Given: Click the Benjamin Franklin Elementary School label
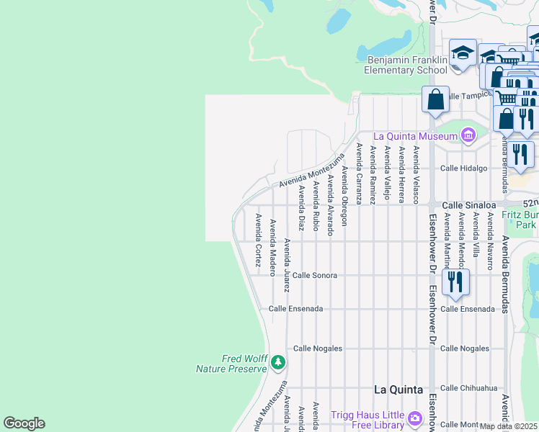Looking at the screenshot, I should tap(406, 66).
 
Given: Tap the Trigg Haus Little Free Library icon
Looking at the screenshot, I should tap(414, 418).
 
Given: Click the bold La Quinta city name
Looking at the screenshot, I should tap(398, 390).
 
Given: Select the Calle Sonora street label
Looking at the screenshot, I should tap(315, 275).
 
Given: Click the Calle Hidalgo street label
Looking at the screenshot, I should tap(464, 168).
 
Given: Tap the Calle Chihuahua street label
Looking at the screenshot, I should tap(468, 387).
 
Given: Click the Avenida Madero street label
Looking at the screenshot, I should tap(272, 247).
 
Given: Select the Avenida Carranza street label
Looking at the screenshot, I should tap(358, 173).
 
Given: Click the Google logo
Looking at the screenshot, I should tap(24, 423).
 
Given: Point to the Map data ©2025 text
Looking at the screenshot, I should tap(509, 426).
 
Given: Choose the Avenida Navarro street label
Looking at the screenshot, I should tap(490, 240).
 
